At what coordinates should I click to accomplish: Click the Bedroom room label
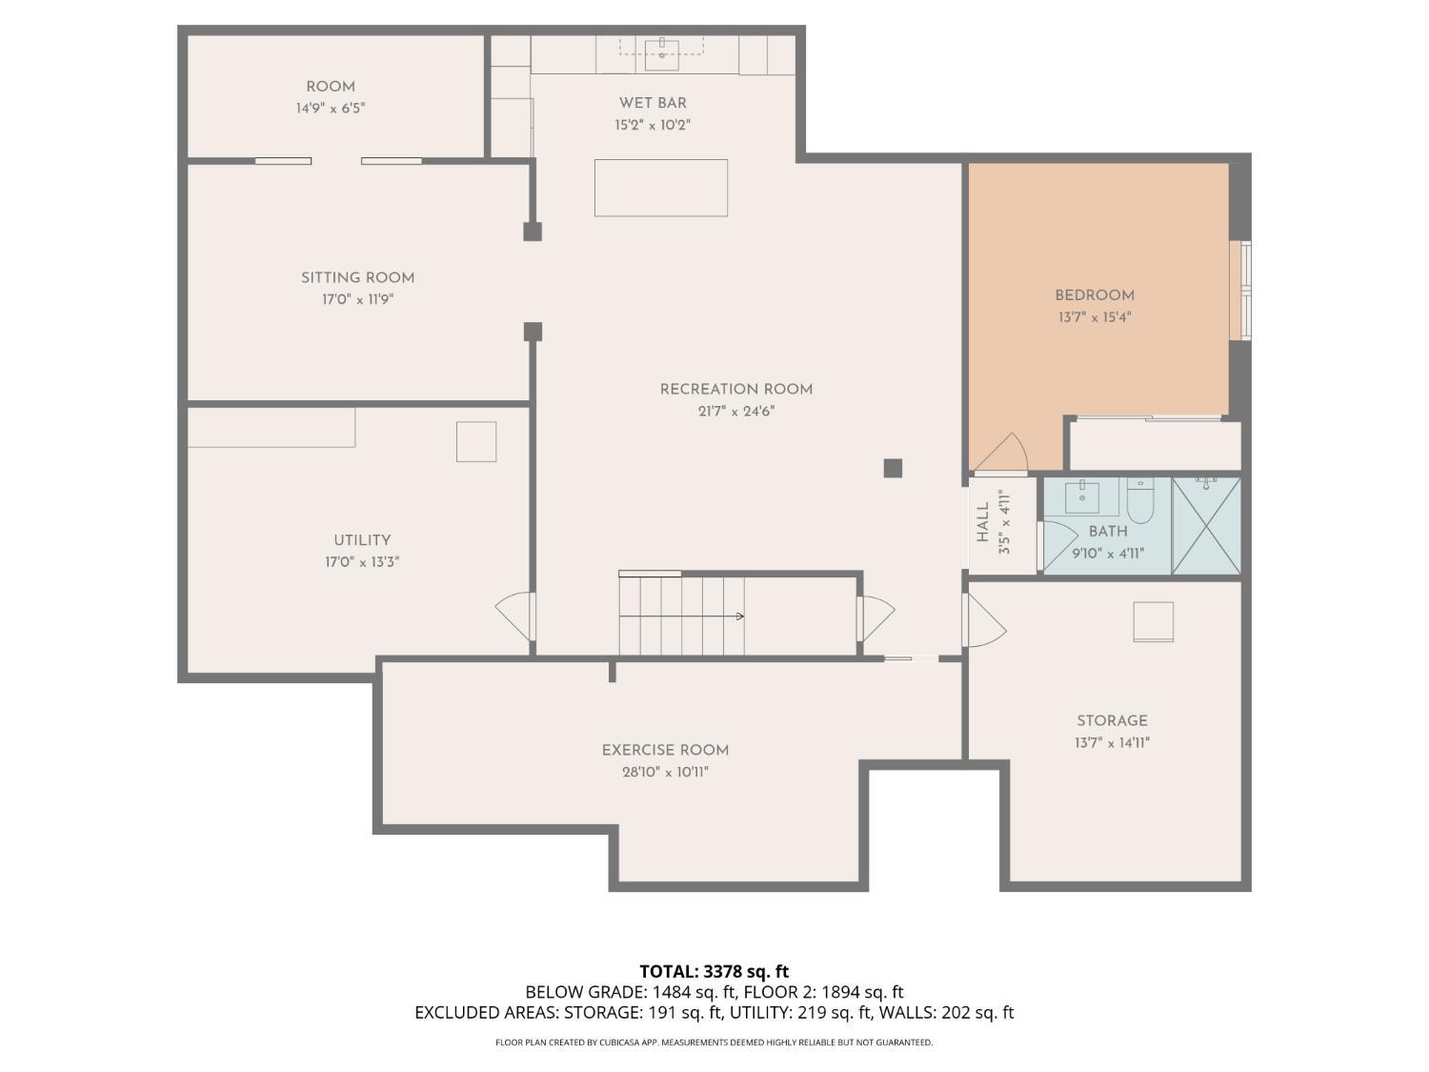pos(1094,295)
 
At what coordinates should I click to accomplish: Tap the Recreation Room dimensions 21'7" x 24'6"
pos(735,412)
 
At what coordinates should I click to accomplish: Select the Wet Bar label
pos(653,103)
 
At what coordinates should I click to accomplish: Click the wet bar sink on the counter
pos(662,50)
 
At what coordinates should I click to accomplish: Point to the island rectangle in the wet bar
pos(661,188)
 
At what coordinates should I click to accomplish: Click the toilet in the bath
pos(1140,500)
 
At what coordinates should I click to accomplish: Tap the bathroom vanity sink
pos(1081,497)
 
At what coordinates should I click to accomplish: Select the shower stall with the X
pos(1206,526)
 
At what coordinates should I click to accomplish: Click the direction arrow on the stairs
pos(738,617)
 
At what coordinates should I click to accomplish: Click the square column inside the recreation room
pos(893,468)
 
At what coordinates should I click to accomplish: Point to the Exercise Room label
pos(665,750)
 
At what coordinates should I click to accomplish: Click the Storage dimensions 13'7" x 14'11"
pos(1112,743)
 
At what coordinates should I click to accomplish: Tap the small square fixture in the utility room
pos(476,441)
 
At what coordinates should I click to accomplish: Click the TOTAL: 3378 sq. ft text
pos(714,972)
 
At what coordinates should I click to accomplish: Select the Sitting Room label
pos(357,278)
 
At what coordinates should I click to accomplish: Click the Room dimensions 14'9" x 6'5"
pos(330,109)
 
